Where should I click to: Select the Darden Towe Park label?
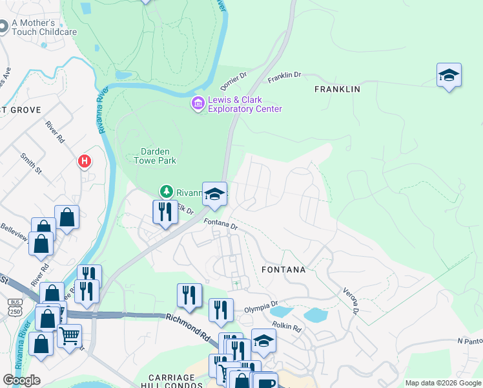click(154, 156)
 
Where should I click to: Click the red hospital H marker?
click(83, 161)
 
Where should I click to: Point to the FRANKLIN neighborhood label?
click(336, 89)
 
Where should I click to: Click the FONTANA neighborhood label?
click(282, 269)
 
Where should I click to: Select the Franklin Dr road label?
click(285, 76)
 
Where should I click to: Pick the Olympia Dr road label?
click(260, 306)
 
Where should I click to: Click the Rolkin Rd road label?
click(286, 328)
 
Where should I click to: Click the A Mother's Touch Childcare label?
click(44, 27)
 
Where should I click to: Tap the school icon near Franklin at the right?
click(448, 75)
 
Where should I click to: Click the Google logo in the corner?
click(21, 380)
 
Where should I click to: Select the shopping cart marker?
click(69, 336)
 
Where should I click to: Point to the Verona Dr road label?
click(351, 301)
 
